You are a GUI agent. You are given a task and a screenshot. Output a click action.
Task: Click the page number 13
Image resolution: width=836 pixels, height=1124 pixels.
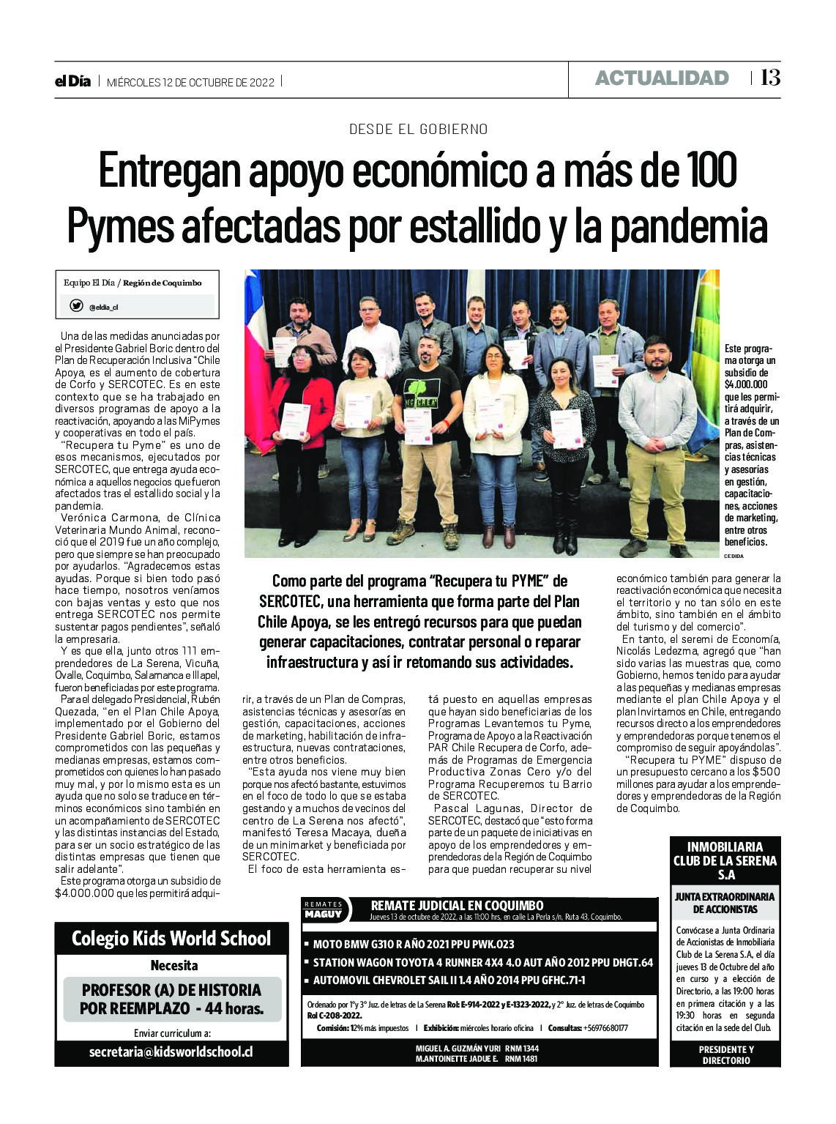[770, 78]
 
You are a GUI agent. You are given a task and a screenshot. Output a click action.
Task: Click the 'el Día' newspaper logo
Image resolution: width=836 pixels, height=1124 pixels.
[72, 81]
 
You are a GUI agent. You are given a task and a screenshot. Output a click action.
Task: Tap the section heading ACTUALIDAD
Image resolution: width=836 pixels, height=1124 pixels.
[661, 78]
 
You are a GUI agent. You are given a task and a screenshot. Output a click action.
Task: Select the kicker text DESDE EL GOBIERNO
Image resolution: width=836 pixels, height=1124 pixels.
[418, 130]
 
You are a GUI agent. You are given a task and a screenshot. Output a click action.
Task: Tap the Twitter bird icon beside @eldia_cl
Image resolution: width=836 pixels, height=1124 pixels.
[76, 306]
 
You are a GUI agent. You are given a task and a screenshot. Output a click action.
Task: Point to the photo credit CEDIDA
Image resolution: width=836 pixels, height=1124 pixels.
[734, 557]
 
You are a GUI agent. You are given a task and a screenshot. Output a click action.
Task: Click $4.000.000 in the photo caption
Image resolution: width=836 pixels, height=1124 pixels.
[746, 384]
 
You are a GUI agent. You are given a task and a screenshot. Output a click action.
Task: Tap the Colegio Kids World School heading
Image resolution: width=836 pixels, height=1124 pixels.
[171, 939]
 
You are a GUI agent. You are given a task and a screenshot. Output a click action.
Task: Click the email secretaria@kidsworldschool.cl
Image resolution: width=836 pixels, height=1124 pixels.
[171, 1052]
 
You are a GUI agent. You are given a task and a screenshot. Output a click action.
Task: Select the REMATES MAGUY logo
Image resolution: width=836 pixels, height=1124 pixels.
[324, 910]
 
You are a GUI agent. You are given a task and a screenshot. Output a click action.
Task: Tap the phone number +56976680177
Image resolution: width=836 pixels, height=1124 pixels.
[607, 1028]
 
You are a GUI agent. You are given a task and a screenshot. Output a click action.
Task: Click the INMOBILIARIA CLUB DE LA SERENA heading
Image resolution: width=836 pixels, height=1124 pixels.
[725, 860]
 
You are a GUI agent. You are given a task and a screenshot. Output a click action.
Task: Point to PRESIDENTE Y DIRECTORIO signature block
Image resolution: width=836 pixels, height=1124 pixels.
[725, 1054]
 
